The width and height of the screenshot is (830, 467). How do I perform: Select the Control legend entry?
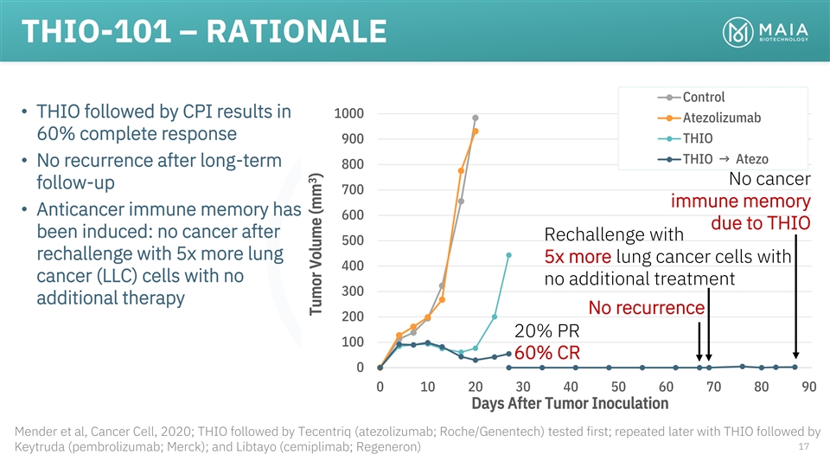pos(703,97)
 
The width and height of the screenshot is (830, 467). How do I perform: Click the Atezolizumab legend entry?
pos(715,117)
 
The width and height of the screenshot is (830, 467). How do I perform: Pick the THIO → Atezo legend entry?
pos(725,158)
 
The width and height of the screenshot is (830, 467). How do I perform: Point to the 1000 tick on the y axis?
pos(350,113)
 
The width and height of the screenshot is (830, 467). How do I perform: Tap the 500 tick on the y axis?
pos(354,240)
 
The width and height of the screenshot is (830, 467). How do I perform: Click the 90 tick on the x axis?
pos(808,387)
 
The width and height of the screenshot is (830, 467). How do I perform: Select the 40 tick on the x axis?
pos(571,387)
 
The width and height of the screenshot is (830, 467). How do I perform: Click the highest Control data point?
pos(476,118)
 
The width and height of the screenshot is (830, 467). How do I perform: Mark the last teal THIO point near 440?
pos(508,255)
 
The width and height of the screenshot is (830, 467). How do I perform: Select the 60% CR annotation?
pos(546,354)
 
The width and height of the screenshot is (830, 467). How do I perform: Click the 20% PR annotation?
pos(546,331)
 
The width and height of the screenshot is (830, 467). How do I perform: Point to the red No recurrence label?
pos(646,308)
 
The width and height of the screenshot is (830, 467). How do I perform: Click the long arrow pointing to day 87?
pos(795,294)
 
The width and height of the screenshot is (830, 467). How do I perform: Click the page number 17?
pos(803,447)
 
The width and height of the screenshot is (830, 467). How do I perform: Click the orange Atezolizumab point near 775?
pos(461,170)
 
